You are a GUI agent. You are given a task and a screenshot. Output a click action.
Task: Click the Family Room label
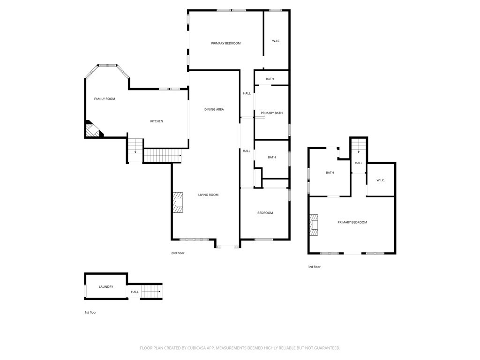(105, 99)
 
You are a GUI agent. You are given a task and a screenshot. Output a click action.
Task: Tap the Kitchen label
(157, 121)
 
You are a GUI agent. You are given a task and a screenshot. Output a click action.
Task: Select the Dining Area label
(214, 109)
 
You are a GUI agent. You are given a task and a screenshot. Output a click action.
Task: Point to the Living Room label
(208, 195)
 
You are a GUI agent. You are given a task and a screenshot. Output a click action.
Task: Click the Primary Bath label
(271, 113)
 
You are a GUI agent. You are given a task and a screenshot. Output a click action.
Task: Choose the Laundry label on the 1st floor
(105, 287)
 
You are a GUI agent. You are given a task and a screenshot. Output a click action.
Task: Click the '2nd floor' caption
(178, 253)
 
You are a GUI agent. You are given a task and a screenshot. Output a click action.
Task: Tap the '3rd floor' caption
(314, 267)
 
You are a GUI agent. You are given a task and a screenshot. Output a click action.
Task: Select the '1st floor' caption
(90, 312)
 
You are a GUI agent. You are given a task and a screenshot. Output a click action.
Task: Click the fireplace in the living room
(177, 202)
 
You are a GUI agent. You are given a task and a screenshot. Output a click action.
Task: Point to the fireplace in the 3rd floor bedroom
(313, 225)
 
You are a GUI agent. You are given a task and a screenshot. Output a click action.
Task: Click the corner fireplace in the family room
(93, 130)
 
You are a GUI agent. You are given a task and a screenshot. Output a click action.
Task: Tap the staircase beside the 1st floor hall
(151, 292)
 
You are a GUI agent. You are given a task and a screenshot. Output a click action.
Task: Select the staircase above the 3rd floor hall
(359, 146)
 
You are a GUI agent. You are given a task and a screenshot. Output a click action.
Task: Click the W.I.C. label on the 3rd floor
(381, 180)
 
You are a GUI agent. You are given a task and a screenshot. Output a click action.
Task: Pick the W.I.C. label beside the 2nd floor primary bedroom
(276, 41)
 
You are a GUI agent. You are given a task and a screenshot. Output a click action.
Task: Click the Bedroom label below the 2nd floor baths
(265, 213)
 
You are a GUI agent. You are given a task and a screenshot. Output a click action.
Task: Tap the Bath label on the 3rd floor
(330, 172)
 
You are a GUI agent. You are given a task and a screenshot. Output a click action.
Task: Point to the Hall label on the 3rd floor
(359, 163)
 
